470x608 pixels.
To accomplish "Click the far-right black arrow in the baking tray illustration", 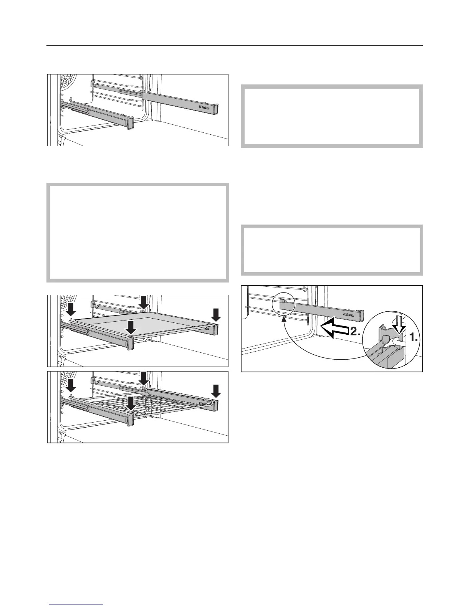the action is pyautogui.click(x=216, y=315).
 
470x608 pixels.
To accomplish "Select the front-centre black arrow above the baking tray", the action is pyautogui.click(x=131, y=327).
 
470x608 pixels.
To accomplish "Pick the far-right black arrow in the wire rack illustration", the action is pyautogui.click(x=216, y=391).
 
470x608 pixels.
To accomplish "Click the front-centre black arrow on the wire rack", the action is pyautogui.click(x=131, y=403).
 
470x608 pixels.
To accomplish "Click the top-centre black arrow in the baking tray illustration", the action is pyautogui.click(x=143, y=302).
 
